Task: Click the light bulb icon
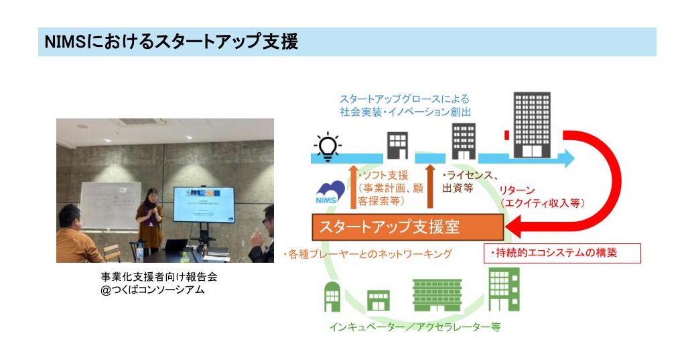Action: (x=328, y=147)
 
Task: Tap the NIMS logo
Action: (x=330, y=193)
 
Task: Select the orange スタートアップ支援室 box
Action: (x=408, y=227)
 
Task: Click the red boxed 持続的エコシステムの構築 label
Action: (x=562, y=253)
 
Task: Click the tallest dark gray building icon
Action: (x=531, y=125)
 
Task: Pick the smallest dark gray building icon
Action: (x=398, y=145)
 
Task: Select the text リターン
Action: (x=517, y=190)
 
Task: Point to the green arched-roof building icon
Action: (x=332, y=297)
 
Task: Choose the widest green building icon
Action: (x=437, y=295)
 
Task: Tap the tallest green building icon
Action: (x=504, y=290)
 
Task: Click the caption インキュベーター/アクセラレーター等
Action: (x=415, y=326)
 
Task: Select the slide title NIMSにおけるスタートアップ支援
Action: (x=171, y=42)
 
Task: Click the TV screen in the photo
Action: (x=204, y=204)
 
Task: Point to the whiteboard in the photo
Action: (x=111, y=206)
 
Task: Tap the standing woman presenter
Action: (x=149, y=222)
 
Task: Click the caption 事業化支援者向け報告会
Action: (x=159, y=277)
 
